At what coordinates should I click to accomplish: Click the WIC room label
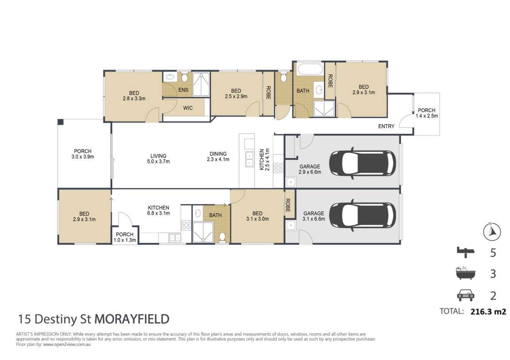[x=188, y=108]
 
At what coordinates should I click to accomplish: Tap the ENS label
[x=183, y=90]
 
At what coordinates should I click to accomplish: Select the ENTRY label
[x=386, y=126]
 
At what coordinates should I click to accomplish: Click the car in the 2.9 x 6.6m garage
[x=363, y=164]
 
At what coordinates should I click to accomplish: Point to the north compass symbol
[x=491, y=232]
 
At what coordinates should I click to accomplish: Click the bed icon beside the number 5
[x=465, y=252]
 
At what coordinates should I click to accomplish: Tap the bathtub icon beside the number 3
[x=465, y=273]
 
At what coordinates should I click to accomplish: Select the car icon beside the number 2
[x=465, y=295]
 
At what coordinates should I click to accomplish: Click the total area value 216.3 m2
[x=488, y=312]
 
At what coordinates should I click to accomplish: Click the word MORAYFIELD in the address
[x=132, y=319]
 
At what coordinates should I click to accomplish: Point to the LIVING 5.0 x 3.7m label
[x=159, y=158]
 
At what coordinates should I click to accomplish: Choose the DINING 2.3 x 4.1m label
[x=218, y=156]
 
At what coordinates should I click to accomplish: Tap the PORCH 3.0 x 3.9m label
[x=83, y=154]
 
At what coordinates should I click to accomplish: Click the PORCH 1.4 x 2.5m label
[x=426, y=113]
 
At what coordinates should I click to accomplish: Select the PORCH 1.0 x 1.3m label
[x=125, y=237]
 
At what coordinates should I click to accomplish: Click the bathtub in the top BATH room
[x=310, y=70]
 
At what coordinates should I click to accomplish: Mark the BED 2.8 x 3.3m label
[x=134, y=96]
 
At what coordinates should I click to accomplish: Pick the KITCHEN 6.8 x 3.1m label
[x=159, y=210]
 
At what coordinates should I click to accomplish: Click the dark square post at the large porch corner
[x=61, y=122]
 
